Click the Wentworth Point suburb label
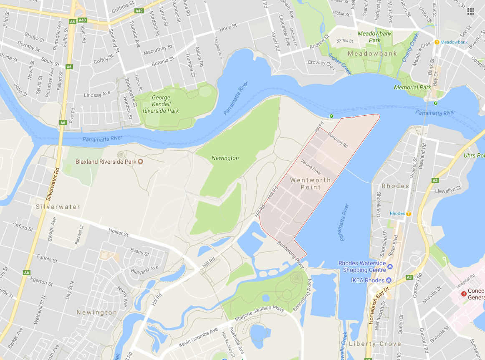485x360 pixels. [311, 183]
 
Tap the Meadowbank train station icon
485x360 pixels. [437, 42]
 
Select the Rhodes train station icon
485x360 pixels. [409, 214]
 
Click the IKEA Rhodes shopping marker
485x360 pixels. [389, 280]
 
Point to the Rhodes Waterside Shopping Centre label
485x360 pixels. [362, 266]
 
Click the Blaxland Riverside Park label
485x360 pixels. [106, 162]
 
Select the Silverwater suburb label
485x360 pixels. [57, 207]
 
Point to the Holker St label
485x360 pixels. [118, 232]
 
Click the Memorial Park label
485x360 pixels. [412, 87]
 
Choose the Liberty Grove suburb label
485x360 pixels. [374, 344]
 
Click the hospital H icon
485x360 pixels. [463, 294]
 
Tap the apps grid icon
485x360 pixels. [471, 11]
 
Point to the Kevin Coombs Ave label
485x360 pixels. [198, 338]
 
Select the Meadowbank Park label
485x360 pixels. [369, 37]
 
